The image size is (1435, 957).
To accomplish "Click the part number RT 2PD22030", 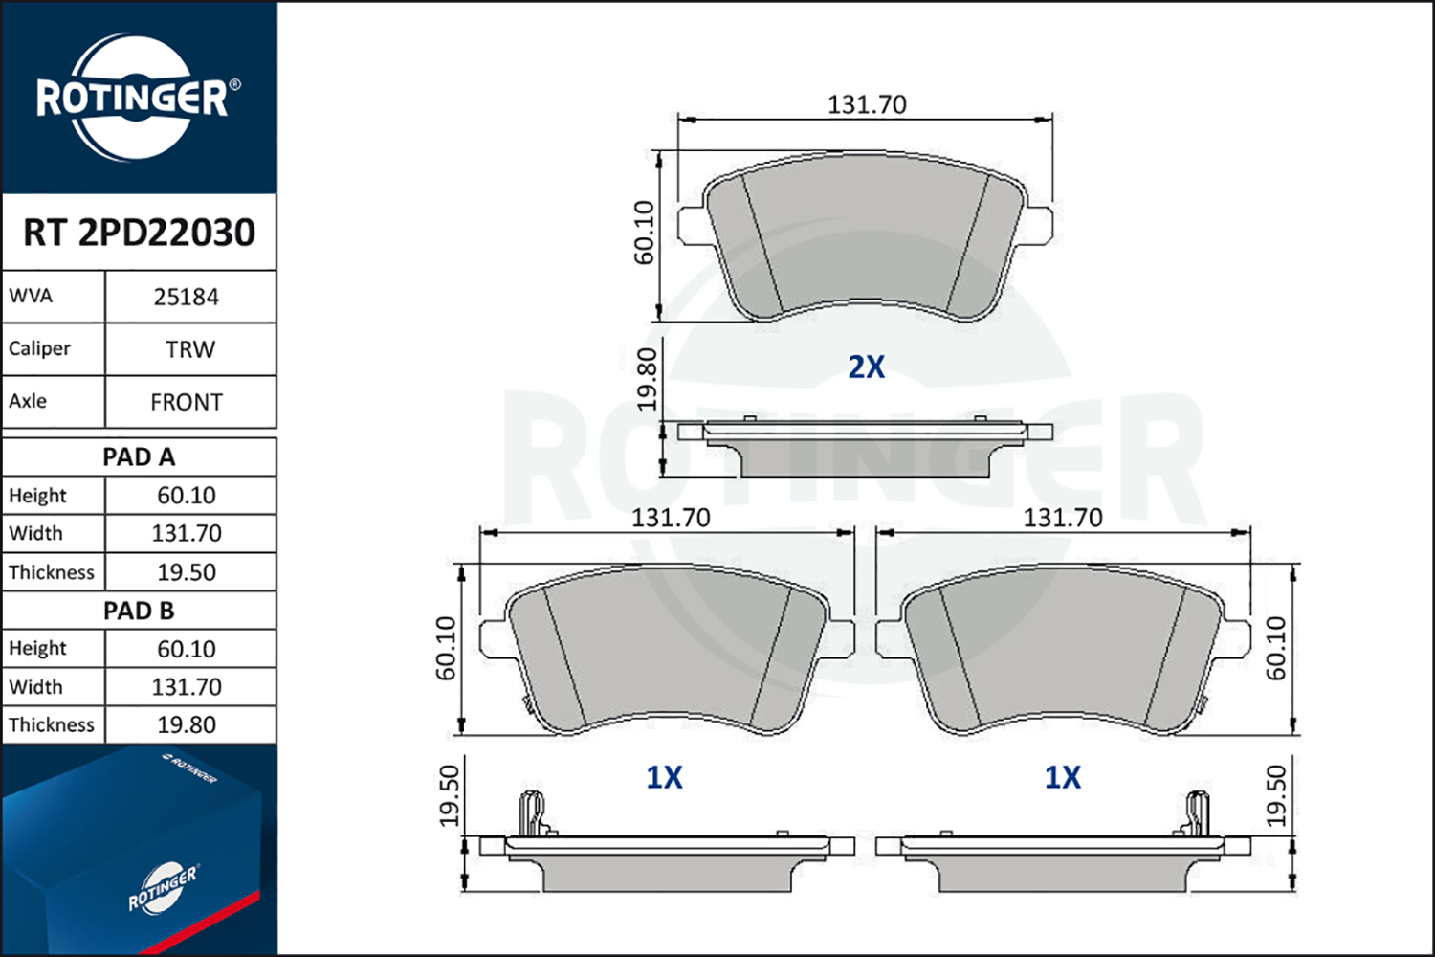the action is tap(139, 232).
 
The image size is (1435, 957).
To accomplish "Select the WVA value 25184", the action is tap(187, 298).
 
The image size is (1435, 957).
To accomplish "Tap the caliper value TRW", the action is tap(190, 350).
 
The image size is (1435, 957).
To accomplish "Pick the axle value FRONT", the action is tap(187, 403).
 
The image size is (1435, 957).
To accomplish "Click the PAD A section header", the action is tap(139, 457).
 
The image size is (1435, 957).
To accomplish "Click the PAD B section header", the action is tap(139, 611).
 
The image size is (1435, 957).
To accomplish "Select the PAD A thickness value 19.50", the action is tap(187, 572).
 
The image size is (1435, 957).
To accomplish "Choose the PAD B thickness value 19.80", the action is tap(187, 725).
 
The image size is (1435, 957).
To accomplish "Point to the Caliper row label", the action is tap(39, 348).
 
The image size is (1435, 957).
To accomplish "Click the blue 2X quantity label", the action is tap(866, 367).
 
